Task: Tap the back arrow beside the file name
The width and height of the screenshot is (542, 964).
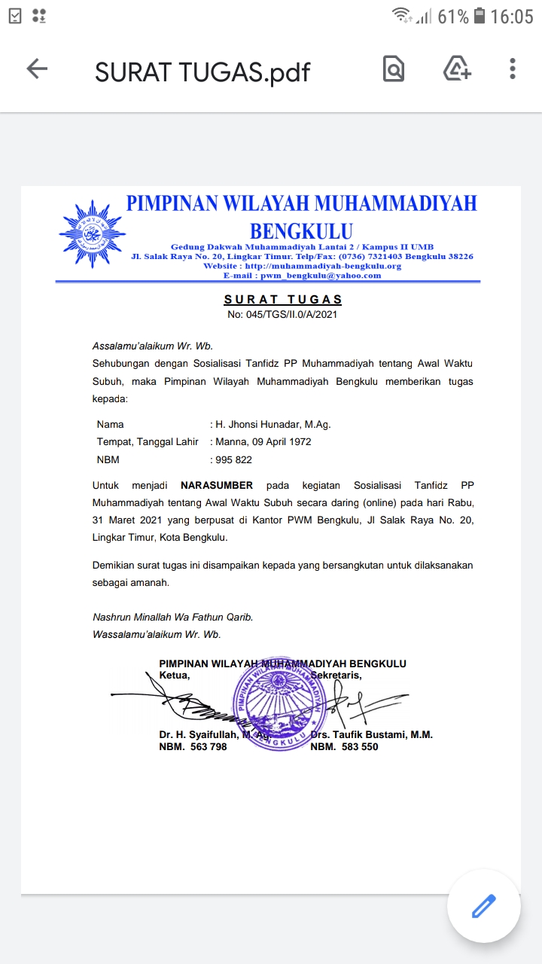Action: tap(37, 69)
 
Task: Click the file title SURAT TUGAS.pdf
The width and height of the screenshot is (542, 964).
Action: tap(202, 72)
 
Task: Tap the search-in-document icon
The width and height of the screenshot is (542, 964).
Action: tap(393, 69)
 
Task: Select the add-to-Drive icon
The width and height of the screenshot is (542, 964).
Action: tap(456, 69)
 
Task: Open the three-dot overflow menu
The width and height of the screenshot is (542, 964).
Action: tap(513, 69)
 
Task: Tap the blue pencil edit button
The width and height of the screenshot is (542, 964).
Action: tap(483, 906)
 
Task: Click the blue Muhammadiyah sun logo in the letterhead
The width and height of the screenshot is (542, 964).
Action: tap(91, 234)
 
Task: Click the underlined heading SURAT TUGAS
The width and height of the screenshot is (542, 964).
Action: tap(283, 300)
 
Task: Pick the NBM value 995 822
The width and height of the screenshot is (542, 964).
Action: tap(233, 459)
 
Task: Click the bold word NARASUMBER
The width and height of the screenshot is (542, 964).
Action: tap(217, 485)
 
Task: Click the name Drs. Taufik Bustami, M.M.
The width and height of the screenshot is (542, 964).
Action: tap(372, 735)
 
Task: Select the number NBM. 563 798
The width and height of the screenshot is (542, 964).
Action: tap(193, 747)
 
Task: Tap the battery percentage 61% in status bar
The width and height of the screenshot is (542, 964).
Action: tap(452, 17)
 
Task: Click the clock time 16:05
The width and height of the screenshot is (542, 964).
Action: tap(511, 17)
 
